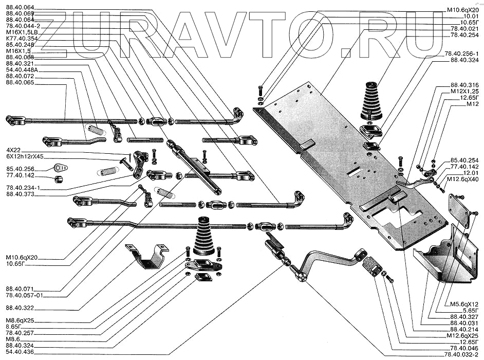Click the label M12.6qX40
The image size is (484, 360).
point(462,179)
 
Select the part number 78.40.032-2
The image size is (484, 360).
point(460,354)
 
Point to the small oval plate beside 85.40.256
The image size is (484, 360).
point(61,167)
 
